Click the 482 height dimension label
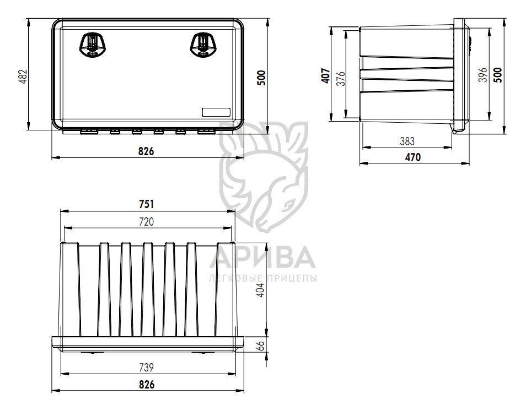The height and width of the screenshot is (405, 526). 23,76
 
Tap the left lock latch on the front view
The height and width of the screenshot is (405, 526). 92,44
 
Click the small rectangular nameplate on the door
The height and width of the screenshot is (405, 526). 216,112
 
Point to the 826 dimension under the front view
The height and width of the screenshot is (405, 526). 146,151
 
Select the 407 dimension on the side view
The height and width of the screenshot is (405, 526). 325,75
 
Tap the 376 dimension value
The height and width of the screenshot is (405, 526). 341,79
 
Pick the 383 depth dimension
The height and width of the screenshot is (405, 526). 407,141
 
